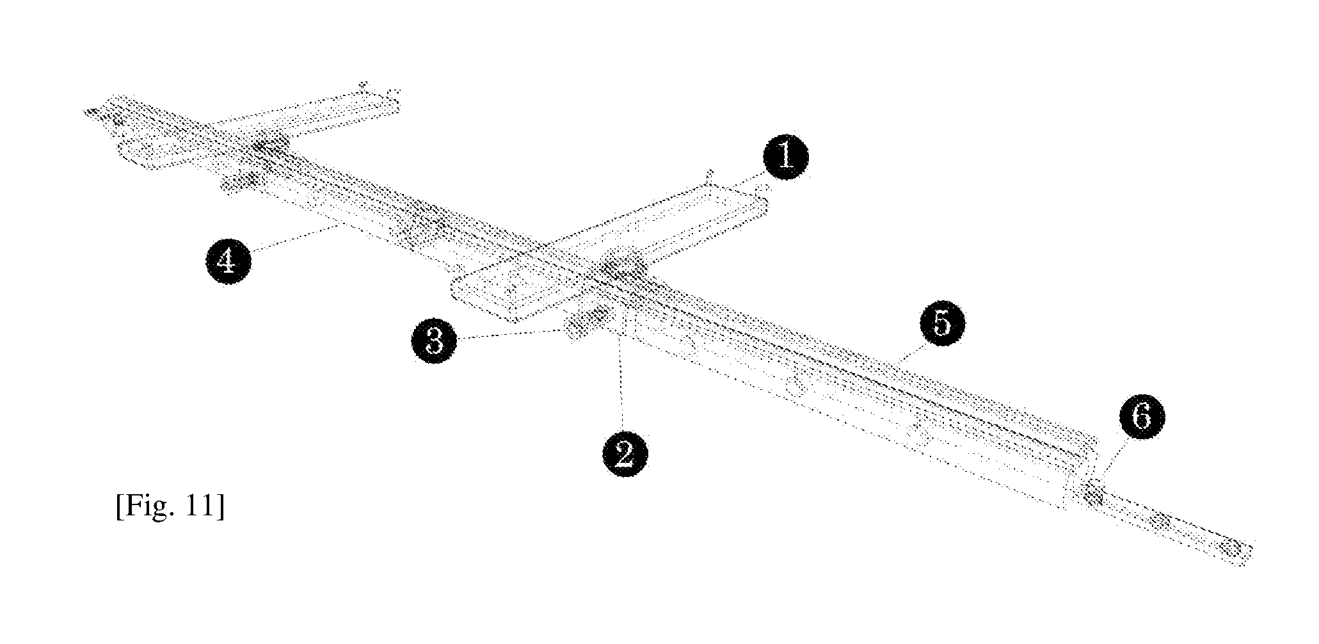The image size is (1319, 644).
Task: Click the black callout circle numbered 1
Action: pyautogui.click(x=785, y=157)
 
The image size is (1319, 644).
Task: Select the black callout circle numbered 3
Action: pyautogui.click(x=435, y=341)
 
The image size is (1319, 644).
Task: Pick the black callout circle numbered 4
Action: pyautogui.click(x=228, y=262)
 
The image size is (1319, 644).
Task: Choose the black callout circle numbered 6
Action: pyautogui.click(x=1142, y=417)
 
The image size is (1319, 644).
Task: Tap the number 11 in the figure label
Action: pyautogui.click(x=203, y=507)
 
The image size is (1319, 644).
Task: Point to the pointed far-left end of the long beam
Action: pyautogui.click(x=86, y=112)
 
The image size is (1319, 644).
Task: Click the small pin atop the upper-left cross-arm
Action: pyautogui.click(x=363, y=85)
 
